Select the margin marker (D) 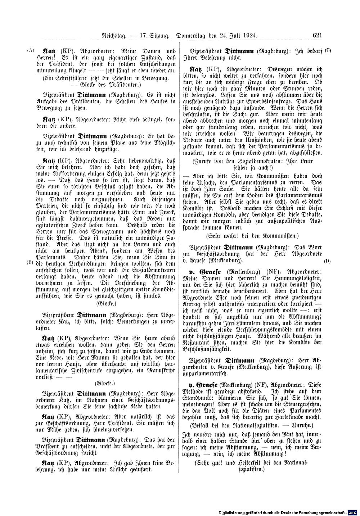pos(328,260)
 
